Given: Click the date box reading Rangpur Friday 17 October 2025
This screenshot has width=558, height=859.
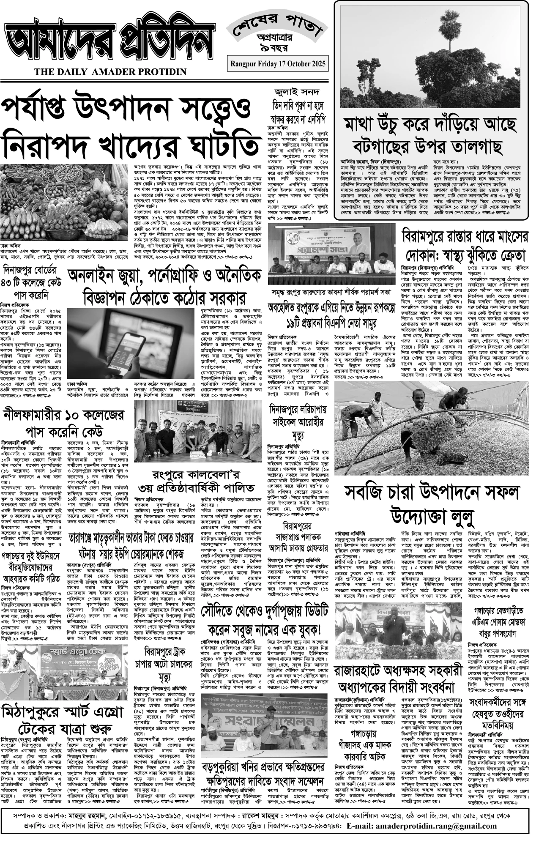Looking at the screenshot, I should click(278, 64).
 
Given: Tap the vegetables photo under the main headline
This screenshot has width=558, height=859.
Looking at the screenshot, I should click(66, 202).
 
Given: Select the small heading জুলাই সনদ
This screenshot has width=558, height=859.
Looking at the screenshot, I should click(297, 92).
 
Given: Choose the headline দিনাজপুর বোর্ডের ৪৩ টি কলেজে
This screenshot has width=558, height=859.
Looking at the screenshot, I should click(32, 282).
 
